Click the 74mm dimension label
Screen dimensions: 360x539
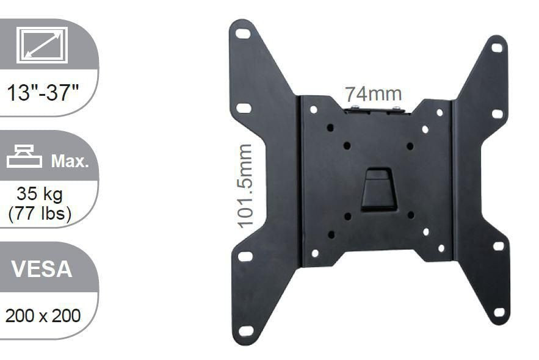pyautogui.click(x=373, y=95)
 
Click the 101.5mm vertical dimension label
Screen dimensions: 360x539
pyautogui.click(x=245, y=186)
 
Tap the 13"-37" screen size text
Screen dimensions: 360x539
pyautogui.click(x=43, y=93)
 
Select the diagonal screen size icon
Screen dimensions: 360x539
pyautogui.click(x=42, y=45)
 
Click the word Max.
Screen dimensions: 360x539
pyautogui.click(x=70, y=162)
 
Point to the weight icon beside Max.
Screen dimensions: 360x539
pyautogui.click(x=24, y=158)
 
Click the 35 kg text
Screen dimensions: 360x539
pyautogui.click(x=40, y=195)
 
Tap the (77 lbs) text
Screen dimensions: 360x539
pyautogui.click(x=40, y=214)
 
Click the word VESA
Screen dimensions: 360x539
pyautogui.click(x=42, y=268)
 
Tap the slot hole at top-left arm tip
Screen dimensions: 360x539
pyautogui.click(x=243, y=34)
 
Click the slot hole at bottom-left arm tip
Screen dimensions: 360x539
pyautogui.click(x=246, y=331)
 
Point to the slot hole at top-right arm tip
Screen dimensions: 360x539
pyautogui.click(x=497, y=48)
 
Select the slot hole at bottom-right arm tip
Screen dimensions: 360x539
pyautogui.click(x=499, y=312)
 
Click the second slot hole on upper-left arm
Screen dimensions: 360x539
pyautogui.click(x=244, y=108)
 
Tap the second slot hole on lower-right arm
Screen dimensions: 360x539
pyautogui.click(x=499, y=246)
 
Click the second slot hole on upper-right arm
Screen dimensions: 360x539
pyautogui.click(x=497, y=114)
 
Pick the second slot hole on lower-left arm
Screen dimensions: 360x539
pyautogui.click(x=245, y=256)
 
